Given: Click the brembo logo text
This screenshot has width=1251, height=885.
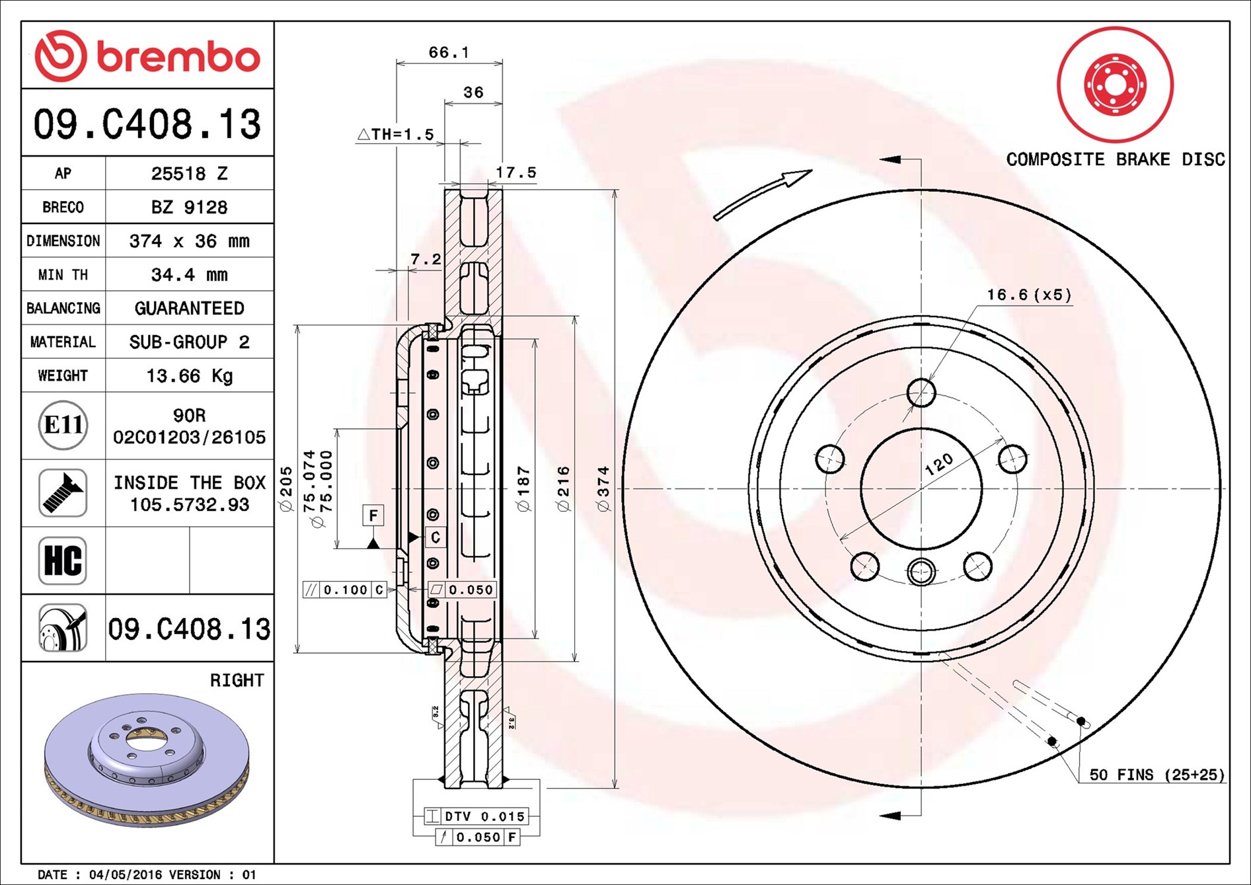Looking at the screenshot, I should click(x=178, y=57).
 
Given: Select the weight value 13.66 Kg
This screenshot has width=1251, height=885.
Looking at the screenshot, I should click(x=189, y=376).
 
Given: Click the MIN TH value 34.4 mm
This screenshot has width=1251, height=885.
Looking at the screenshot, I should click(x=189, y=275).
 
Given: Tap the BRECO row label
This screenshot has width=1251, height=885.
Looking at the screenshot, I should click(x=63, y=208).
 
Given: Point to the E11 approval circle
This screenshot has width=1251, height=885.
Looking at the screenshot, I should click(x=63, y=425).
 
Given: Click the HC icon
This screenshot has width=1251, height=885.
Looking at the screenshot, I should click(x=63, y=560).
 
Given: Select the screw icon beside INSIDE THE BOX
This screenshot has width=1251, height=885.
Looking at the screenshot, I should click(x=63, y=493).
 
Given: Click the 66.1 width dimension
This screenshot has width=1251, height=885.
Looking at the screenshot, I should click(x=449, y=52).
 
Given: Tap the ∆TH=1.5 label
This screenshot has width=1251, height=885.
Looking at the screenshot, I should click(x=396, y=135).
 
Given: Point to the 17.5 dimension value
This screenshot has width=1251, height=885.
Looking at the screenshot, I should click(x=516, y=173).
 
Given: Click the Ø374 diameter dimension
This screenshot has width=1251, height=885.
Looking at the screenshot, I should click(x=603, y=488).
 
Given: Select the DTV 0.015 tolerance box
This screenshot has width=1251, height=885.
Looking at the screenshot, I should click(x=476, y=816).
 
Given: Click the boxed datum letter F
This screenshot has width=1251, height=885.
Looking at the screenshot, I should click(x=373, y=516).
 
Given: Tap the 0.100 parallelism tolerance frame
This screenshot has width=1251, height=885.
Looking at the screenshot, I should click(x=345, y=590).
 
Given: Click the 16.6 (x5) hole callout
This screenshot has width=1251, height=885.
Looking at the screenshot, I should click(x=1029, y=295).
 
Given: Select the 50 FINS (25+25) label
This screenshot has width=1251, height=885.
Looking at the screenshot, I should click(x=1156, y=775).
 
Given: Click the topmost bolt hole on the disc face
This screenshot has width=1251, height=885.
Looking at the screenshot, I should click(x=921, y=393).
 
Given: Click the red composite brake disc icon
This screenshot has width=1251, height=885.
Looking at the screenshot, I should click(x=1115, y=85).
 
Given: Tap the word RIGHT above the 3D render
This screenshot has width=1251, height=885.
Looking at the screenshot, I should click(x=237, y=680).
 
